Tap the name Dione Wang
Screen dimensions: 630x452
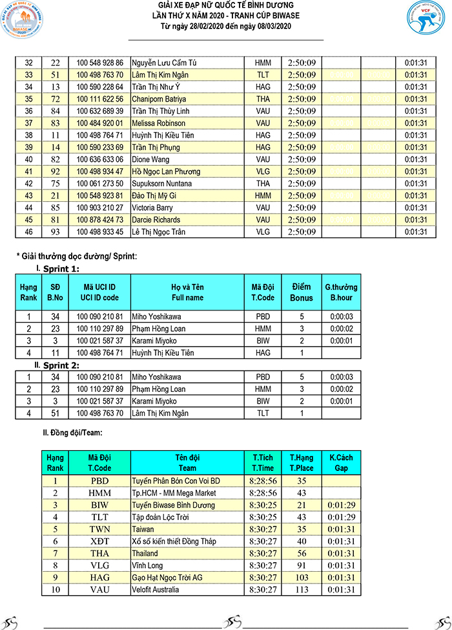(x=149, y=159)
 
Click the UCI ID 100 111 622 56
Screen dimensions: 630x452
(x=99, y=99)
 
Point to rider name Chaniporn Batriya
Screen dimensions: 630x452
(x=158, y=99)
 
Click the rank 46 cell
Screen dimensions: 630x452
(x=28, y=232)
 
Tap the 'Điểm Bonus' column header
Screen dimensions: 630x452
(x=302, y=292)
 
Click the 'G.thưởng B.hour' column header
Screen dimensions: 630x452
(x=341, y=292)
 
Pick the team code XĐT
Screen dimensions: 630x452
(x=99, y=541)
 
